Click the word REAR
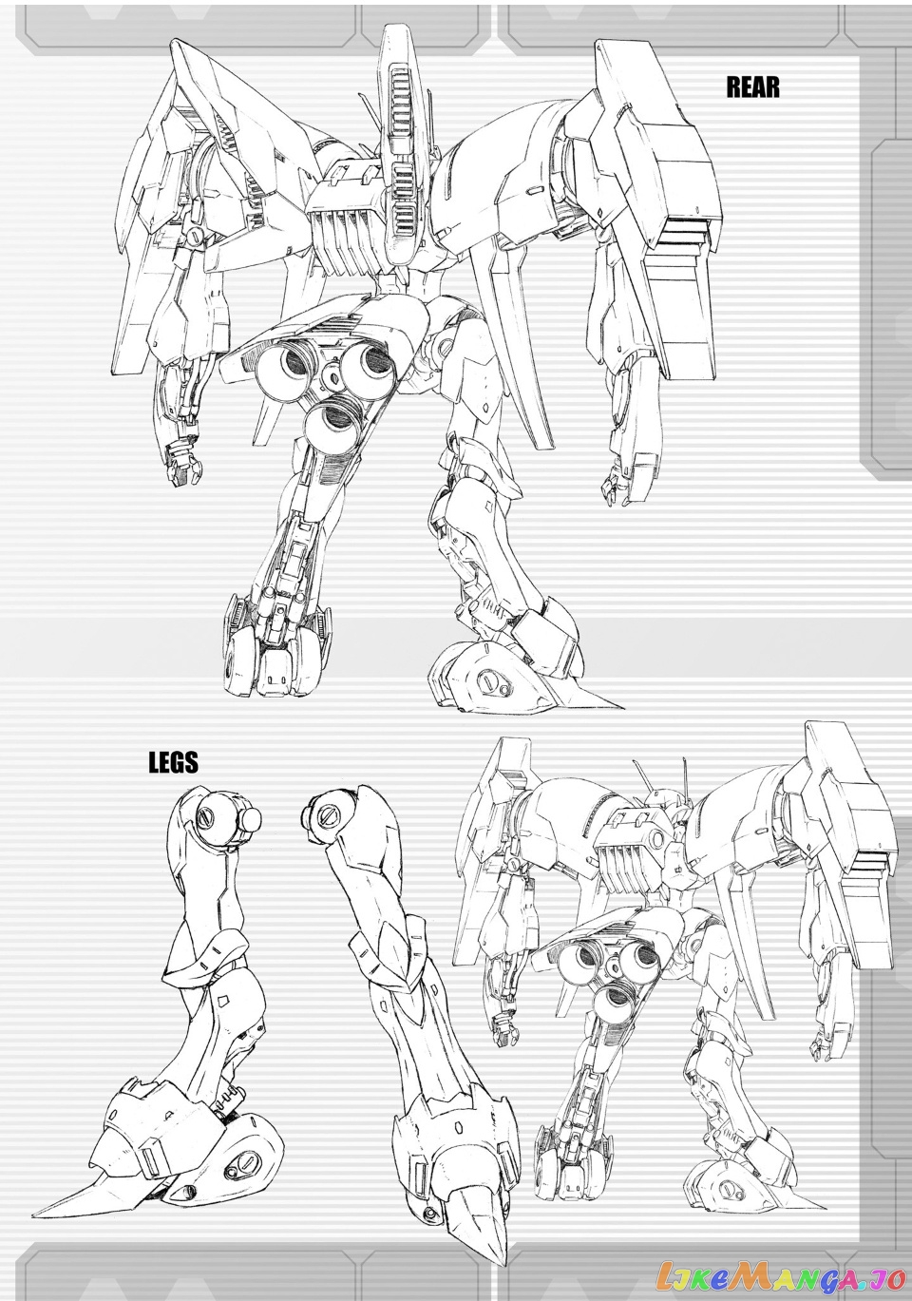click(x=752, y=87)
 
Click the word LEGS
click(x=174, y=762)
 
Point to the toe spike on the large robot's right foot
click(x=597, y=697)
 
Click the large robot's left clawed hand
click(x=184, y=462)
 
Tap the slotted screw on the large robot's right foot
click(x=493, y=678)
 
